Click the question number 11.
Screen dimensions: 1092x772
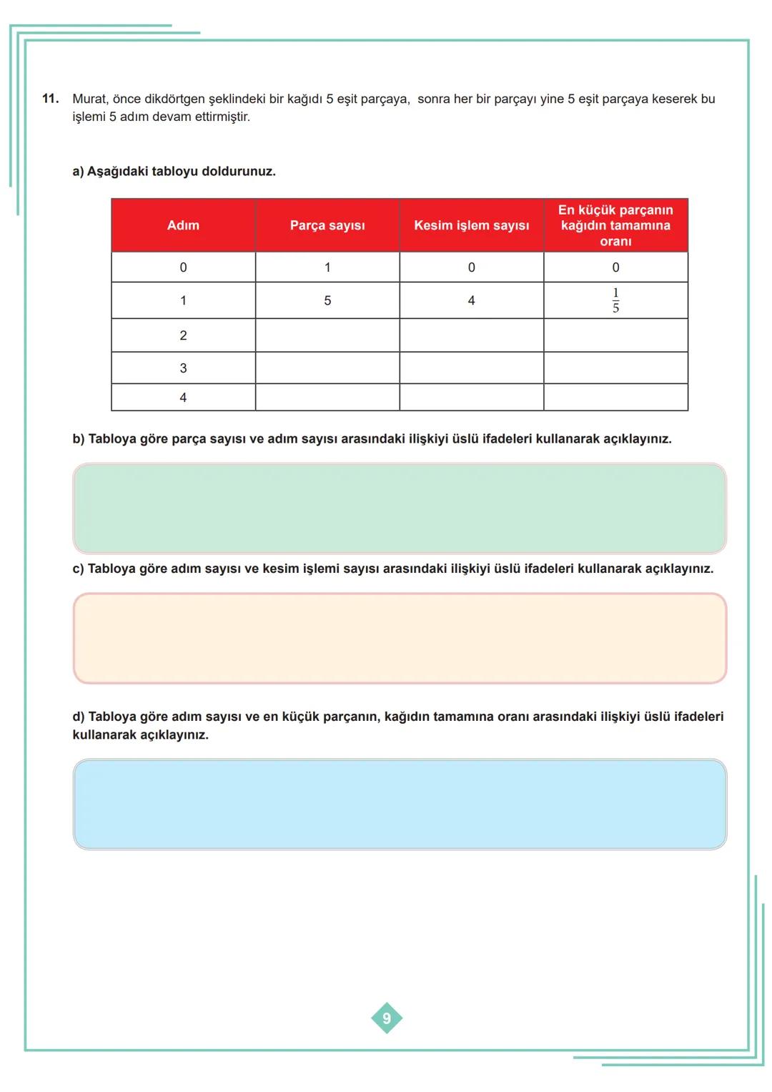50,99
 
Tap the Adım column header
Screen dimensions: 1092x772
183,225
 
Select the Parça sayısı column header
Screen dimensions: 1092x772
327,225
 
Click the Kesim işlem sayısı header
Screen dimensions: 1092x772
471,225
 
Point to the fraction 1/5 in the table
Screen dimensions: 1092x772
615,300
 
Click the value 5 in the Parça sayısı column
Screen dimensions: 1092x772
327,301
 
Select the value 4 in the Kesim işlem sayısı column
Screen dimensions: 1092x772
471,301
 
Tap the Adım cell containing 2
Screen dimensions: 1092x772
183,335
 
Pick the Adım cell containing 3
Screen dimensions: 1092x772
183,368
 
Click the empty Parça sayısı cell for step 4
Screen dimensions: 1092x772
327,398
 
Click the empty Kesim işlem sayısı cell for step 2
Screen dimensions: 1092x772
471,335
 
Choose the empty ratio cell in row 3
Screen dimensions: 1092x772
615,368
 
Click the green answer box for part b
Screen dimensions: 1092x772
400,508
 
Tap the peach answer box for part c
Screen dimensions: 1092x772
400,638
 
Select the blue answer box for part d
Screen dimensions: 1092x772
400,805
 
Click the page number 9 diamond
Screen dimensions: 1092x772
387,1018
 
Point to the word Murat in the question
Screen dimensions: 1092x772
89,99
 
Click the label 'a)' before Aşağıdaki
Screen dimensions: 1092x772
78,172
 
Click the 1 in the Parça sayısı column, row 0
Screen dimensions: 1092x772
327,267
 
